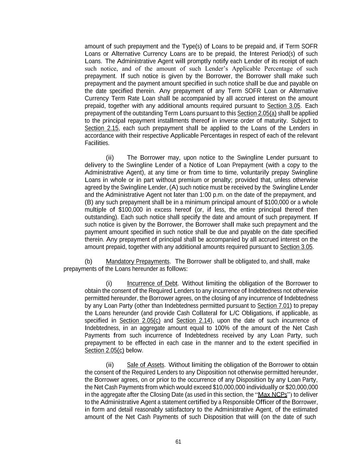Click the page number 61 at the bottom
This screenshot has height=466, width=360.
pyautogui.click(x=178, y=442)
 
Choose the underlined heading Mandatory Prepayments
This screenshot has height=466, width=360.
pyautogui.click(x=138, y=262)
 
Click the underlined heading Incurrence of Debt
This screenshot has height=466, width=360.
pyautogui.click(x=152, y=283)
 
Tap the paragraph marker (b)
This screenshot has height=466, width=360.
pyautogui.click(x=88, y=262)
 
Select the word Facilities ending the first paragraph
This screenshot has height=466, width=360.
pyautogui.click(x=97, y=143)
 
